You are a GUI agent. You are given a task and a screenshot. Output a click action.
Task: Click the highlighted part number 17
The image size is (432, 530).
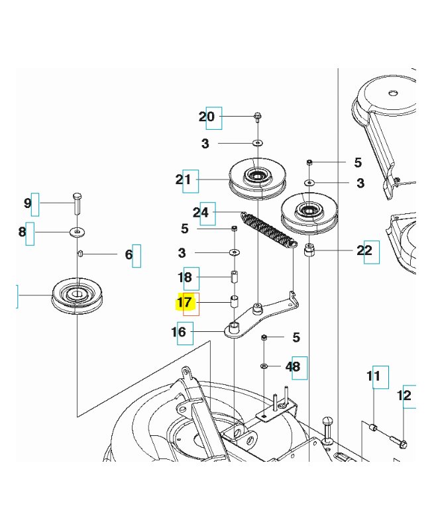click(x=185, y=303)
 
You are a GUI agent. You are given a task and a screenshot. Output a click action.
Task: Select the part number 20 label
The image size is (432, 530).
click(x=207, y=117)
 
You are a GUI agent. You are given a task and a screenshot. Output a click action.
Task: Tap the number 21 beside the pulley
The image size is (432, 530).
click(x=184, y=180)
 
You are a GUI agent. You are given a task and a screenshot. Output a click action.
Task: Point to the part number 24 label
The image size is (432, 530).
click(x=201, y=213)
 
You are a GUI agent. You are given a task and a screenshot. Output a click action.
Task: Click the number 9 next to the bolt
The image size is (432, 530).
click(x=28, y=203)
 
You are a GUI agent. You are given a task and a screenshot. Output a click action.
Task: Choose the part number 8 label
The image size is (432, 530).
click(x=23, y=232)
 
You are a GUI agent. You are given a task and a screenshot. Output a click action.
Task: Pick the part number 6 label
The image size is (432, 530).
click(x=129, y=254)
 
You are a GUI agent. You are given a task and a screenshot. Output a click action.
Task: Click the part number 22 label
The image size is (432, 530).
click(x=364, y=250)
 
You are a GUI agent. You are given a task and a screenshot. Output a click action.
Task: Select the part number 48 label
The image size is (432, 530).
click(x=293, y=366)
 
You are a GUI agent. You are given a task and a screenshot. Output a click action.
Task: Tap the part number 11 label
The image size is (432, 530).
click(x=374, y=378)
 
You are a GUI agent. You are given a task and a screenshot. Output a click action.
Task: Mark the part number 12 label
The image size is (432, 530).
click(x=404, y=396)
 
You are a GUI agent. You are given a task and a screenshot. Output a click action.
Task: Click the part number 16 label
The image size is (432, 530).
click(x=180, y=332)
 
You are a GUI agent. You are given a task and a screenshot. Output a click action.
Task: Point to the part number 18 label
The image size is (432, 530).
click(x=185, y=278)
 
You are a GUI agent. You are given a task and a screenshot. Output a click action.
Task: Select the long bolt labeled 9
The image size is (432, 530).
click(x=77, y=202)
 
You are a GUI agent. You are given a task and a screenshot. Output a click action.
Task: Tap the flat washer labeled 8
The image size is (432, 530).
click(x=78, y=232)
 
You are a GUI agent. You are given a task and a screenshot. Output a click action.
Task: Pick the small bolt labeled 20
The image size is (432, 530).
click(x=257, y=118)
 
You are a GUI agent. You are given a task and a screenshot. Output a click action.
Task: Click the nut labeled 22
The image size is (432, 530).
click(x=309, y=251)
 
